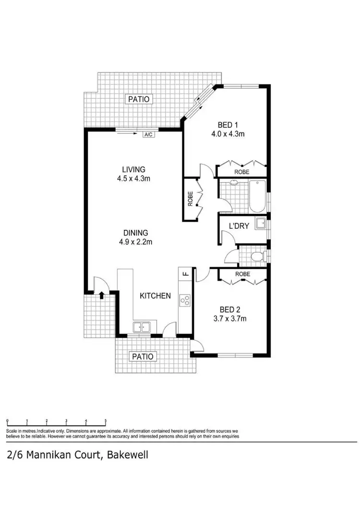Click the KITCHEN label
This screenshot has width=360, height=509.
[x=155, y=296]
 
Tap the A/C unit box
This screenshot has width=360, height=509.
[x=148, y=134]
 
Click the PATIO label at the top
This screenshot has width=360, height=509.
[x=139, y=99]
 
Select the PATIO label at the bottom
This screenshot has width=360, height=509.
[x=144, y=356]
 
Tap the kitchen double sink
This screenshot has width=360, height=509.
[x=142, y=327]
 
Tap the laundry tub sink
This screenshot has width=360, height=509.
[x=261, y=224]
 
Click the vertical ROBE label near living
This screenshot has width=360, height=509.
[x=190, y=199]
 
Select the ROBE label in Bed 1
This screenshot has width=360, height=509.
[x=241, y=171]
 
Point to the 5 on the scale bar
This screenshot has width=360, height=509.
[x=106, y=421]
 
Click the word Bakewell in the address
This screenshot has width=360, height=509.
[x=127, y=455]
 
